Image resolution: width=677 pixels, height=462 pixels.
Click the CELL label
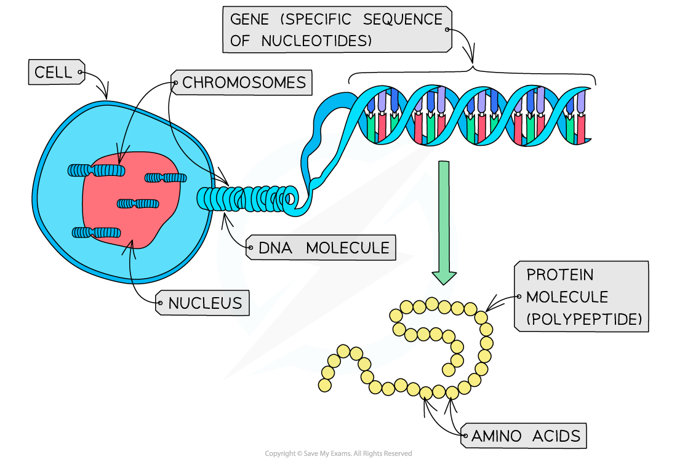pyautogui.click(x=54, y=73)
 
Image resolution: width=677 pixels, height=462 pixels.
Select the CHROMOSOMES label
pyautogui.click(x=244, y=82)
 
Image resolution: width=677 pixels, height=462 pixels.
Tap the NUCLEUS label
pyautogui.click(x=204, y=303)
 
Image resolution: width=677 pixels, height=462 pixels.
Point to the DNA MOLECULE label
pyautogui.click(x=324, y=248)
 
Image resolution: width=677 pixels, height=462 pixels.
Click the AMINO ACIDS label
pyautogui.click(x=526, y=436)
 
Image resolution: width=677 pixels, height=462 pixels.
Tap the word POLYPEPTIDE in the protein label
pyautogui.click(x=585, y=319)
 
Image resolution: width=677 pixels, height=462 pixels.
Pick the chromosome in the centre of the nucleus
pyautogui.click(x=138, y=203)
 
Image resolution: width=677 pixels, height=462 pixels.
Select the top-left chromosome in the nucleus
pyautogui.click(x=96, y=170)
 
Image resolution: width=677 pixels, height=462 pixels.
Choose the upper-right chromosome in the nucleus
pyautogui.click(x=166, y=178)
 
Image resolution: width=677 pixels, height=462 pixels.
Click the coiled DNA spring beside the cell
pyautogui.click(x=246, y=199)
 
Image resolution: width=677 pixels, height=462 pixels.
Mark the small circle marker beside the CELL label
pyautogui.click(x=81, y=73)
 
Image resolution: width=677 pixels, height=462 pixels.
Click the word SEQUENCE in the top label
pyautogui.click(x=403, y=20)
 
